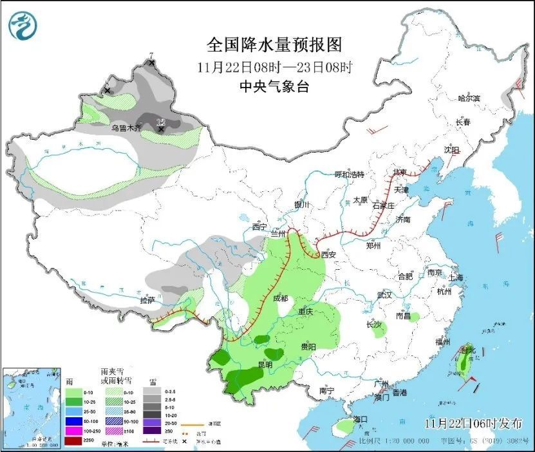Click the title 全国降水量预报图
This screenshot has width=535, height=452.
274,45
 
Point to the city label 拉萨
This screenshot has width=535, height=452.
147,299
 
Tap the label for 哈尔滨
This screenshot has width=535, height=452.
469,99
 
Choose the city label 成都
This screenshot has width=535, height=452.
280,298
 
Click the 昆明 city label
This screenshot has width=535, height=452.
265,364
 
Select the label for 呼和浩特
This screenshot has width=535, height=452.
349,174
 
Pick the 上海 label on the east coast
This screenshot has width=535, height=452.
456,278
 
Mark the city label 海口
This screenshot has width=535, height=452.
360,419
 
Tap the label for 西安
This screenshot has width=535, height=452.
328,254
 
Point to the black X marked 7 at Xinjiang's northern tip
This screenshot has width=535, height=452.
152,63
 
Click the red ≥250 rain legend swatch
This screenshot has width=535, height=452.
73,441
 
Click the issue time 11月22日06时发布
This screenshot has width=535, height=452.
473,423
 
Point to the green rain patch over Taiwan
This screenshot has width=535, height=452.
462,364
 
